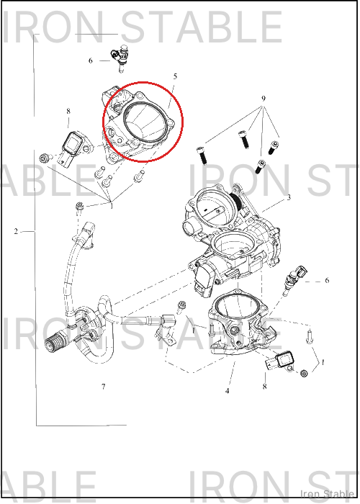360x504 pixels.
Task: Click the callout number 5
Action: (x=175, y=76)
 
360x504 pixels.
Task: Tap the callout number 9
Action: (x=264, y=99)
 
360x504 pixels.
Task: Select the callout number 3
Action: (x=289, y=197)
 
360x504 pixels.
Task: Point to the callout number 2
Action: (x=16, y=231)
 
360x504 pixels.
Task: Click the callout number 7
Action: (x=103, y=387)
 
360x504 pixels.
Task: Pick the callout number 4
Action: (x=228, y=391)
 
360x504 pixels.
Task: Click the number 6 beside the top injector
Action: (x=90, y=60)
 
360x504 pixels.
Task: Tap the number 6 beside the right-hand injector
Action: (x=327, y=280)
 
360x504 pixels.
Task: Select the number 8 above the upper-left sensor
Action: (x=68, y=111)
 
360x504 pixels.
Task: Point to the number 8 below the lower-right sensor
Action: (x=264, y=387)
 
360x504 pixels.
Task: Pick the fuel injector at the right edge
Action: (x=294, y=279)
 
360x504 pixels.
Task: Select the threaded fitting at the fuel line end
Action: (x=54, y=342)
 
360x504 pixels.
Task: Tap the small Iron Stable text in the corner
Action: (x=327, y=494)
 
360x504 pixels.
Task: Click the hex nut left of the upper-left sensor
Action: (x=44, y=158)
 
